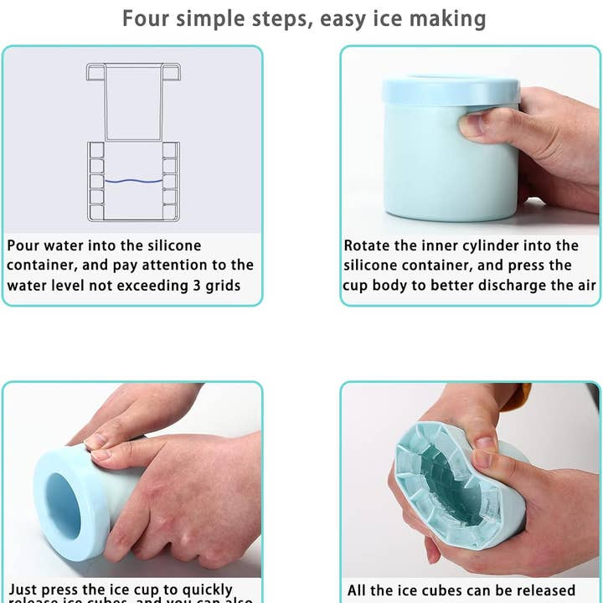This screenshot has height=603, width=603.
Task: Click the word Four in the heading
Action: point(147,18)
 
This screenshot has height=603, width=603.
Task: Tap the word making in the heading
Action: point(448,18)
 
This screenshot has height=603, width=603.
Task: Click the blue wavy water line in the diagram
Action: point(133,180)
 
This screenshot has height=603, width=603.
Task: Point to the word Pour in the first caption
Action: point(25,245)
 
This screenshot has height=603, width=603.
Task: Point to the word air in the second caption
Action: point(584,286)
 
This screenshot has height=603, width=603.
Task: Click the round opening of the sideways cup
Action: point(63,506)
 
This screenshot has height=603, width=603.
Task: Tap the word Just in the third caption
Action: point(24,590)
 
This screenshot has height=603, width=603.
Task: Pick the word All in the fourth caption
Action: point(358,590)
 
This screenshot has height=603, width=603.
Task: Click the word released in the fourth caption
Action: point(545,590)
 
